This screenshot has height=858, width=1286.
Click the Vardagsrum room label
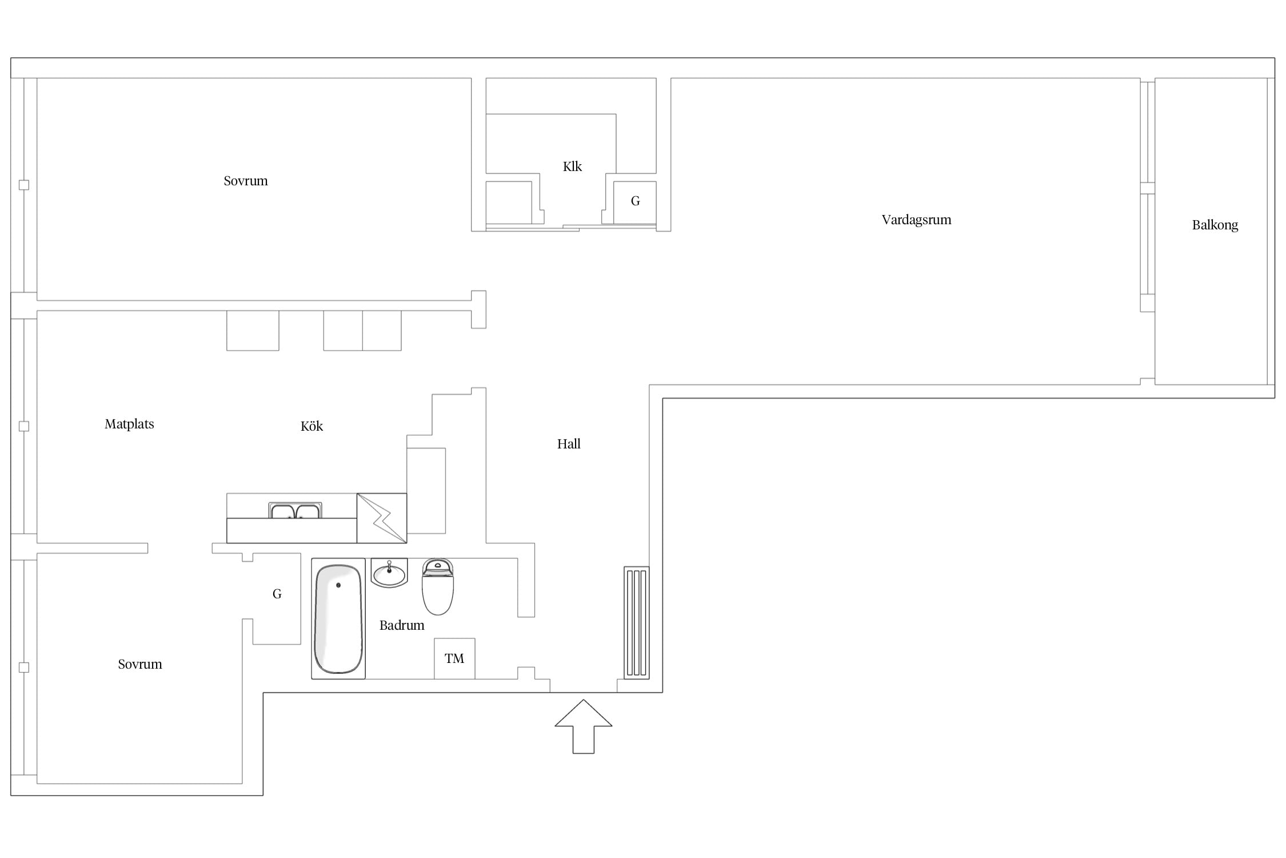click(x=916, y=220)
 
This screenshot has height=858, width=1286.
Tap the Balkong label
click(x=1215, y=225)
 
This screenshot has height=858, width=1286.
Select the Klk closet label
click(x=572, y=166)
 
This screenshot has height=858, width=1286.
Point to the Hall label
click(x=569, y=444)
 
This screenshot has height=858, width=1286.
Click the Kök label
click(x=311, y=426)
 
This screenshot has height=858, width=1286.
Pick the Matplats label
click(x=129, y=424)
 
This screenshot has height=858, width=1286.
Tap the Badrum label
click(x=402, y=625)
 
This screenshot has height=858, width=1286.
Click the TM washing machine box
click(x=454, y=658)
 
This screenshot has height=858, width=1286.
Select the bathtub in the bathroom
click(x=338, y=619)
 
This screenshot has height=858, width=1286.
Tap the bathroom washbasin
click(x=389, y=573)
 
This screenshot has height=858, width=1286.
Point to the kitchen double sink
click(x=295, y=510)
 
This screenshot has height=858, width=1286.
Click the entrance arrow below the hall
click(x=584, y=726)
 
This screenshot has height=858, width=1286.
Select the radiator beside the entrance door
click(x=637, y=622)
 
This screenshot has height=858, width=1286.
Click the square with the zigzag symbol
click(x=382, y=518)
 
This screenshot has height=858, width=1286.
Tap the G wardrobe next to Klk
click(x=635, y=202)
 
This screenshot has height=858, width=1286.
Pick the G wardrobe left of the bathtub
click(x=277, y=598)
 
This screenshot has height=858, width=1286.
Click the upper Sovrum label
click(x=246, y=181)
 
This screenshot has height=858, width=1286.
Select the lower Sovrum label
click(x=140, y=665)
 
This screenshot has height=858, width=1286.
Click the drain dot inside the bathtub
click(x=338, y=585)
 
